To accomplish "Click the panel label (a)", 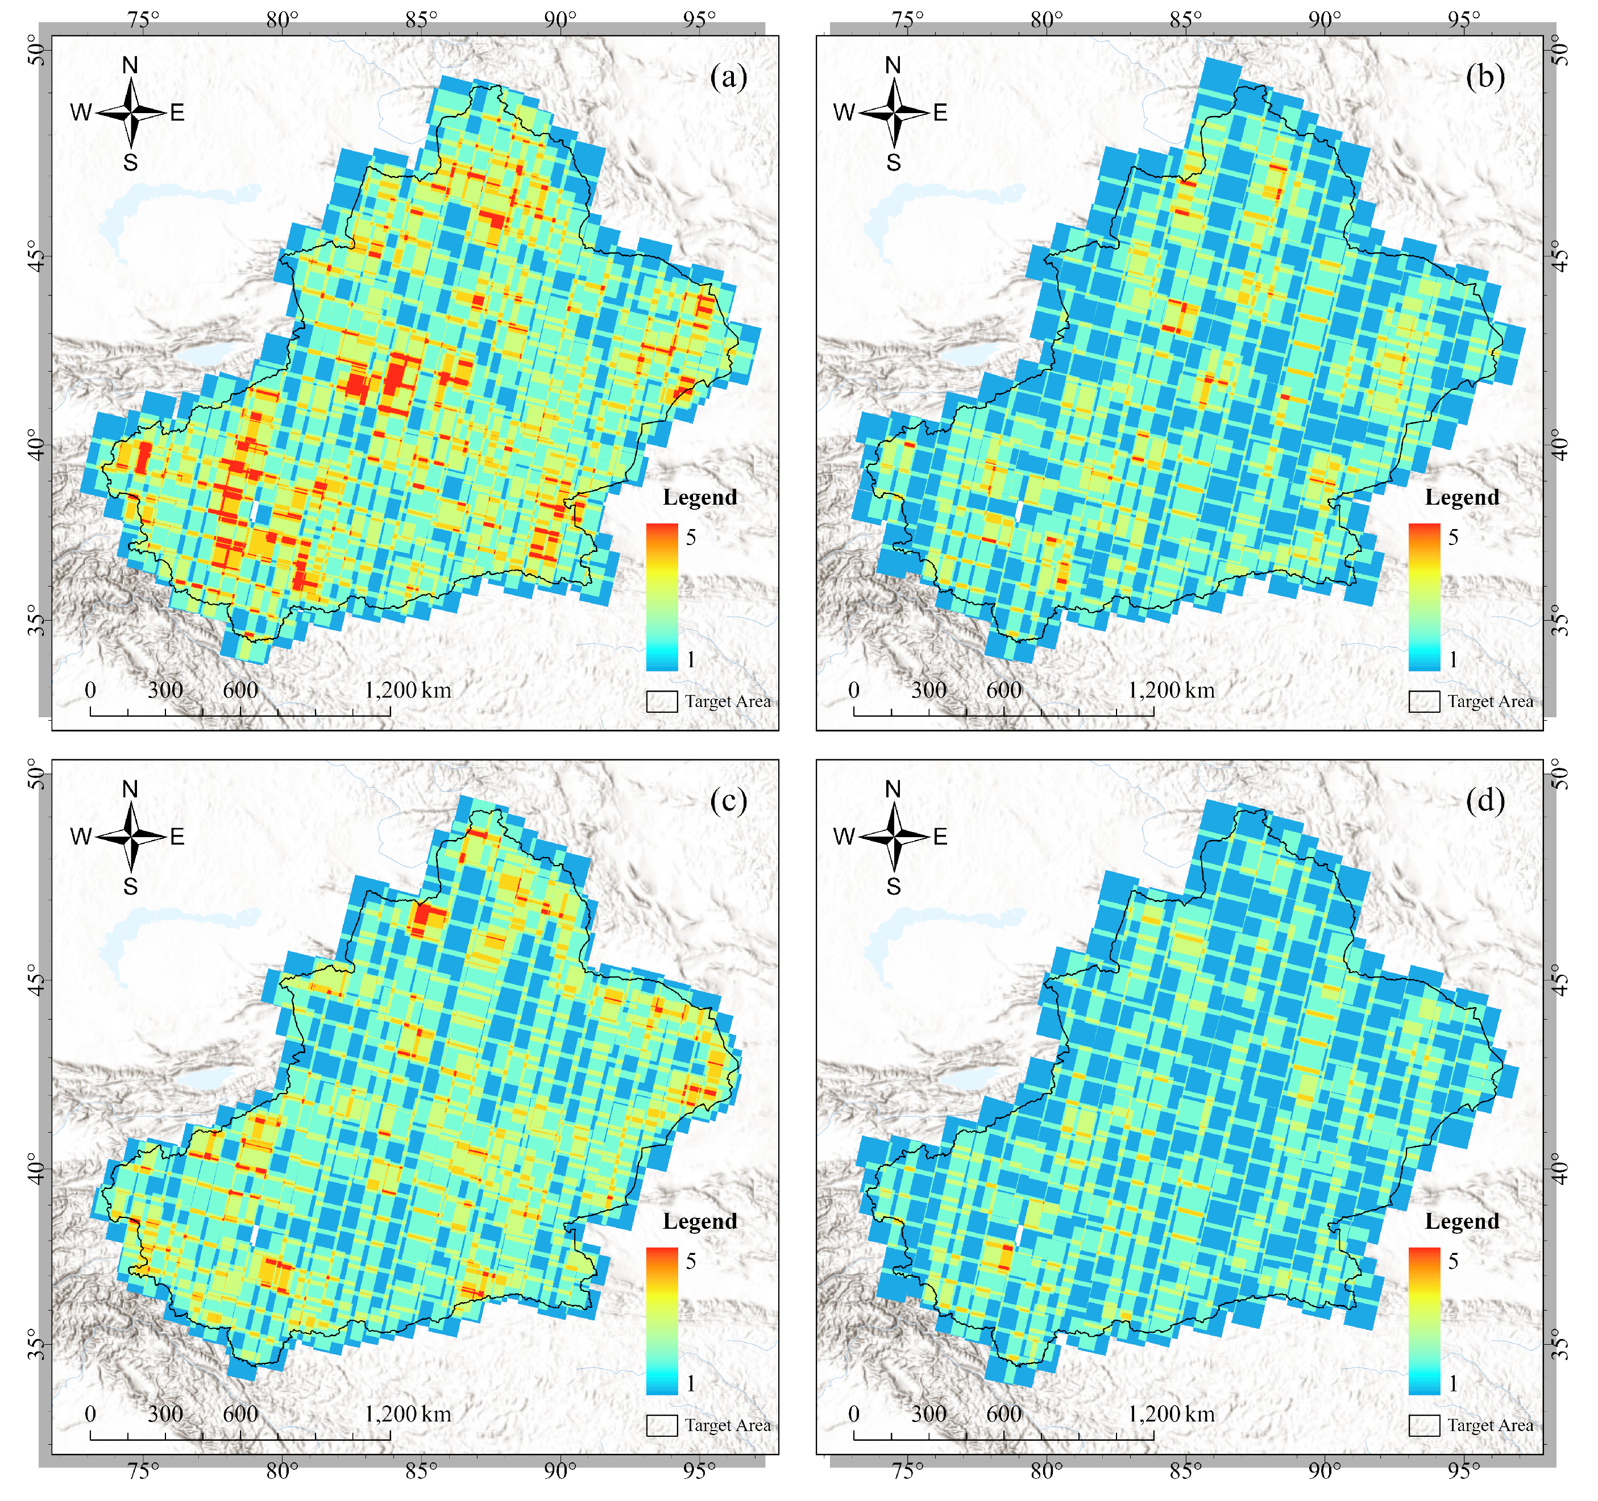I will tap(728, 77).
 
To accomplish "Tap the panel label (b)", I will tap(1485, 77).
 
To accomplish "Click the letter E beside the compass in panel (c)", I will tap(177, 837).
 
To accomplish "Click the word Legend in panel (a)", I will tap(699, 497).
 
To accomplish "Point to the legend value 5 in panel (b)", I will tap(1453, 537).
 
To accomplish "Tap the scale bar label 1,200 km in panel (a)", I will tap(408, 690).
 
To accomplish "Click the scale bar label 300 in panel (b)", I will tap(928, 690).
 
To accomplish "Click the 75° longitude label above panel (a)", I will tap(143, 19).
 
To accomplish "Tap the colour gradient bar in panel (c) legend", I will tap(662, 1321).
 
